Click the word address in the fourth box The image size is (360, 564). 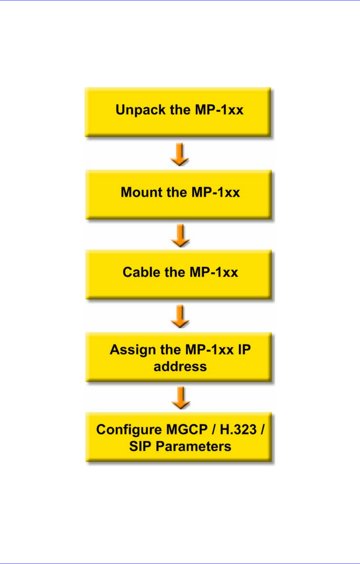click(180, 367)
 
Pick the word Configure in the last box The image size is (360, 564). click(129, 430)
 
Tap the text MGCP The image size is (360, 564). click(187, 429)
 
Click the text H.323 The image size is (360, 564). click(238, 429)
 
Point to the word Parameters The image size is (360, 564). click(193, 446)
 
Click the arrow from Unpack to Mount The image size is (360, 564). click(180, 154)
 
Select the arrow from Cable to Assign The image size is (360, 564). click(180, 316)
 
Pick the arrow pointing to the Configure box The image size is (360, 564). click(181, 397)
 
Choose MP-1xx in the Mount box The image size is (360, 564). click(216, 192)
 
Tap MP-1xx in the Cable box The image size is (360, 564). click(214, 272)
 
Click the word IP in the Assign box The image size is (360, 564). click(244, 350)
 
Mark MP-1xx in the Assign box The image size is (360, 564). click(209, 350)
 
